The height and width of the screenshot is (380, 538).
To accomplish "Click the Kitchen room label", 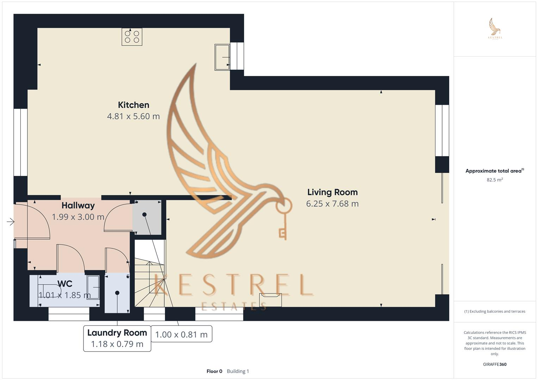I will coord(133,105).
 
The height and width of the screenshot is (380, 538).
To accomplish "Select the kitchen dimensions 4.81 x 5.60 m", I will coord(133,116).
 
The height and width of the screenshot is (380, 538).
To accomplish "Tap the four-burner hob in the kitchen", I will coord(132,37).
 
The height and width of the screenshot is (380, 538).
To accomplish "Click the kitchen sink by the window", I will coord(222,57).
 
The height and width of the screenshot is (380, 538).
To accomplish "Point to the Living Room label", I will coord(332,192).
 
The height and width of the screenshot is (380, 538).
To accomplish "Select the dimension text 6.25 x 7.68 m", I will coord(332,203).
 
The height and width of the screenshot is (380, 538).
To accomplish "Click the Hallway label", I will coord(78,205).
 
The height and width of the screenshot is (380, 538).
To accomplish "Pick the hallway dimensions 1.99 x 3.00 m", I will coord(78,217).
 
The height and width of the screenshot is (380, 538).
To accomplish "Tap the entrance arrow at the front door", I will coord(11,222).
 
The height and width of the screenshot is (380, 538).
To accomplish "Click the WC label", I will coord(65,284).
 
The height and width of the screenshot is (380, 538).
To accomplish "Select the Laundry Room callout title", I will coord(117,333).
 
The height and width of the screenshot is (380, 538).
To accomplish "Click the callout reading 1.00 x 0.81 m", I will coord(181,334).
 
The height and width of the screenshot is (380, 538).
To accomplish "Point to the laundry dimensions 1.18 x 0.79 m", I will coord(117,344).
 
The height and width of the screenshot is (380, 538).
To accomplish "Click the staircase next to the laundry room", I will coord(150,278).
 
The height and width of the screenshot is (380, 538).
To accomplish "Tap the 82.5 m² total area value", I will coord(495,180).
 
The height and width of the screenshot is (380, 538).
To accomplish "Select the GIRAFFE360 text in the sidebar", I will coord(495,364).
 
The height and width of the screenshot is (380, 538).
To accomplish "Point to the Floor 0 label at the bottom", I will coord(214,371).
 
